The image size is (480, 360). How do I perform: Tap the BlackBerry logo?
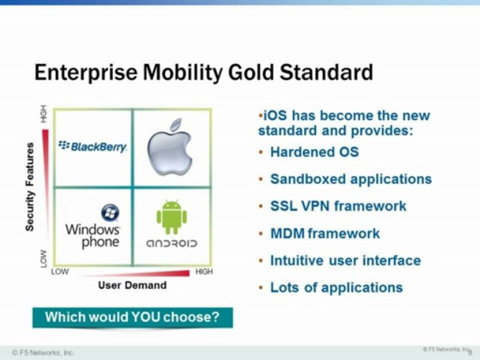click(x=92, y=146)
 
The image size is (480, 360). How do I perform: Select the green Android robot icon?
click(x=171, y=217)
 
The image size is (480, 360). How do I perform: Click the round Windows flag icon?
click(x=110, y=212)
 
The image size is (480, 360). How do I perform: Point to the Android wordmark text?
click(x=171, y=243)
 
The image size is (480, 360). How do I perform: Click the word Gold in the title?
click(x=250, y=72)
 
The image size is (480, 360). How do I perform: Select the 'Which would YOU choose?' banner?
click(x=132, y=317)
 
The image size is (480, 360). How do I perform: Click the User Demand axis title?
click(x=132, y=285)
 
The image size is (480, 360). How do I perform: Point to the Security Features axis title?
click(x=29, y=186)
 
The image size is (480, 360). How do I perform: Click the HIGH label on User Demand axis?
click(x=204, y=271)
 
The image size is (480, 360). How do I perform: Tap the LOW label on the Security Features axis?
click(x=44, y=258)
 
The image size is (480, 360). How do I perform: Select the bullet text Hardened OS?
click(x=314, y=152)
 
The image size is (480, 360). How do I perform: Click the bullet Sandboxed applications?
click(x=351, y=179)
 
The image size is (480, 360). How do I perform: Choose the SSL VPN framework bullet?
click(x=338, y=206)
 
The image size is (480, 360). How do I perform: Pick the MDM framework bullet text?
click(x=325, y=233)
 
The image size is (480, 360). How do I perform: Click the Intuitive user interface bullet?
click(x=345, y=261)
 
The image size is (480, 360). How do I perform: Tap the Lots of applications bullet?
click(x=336, y=288)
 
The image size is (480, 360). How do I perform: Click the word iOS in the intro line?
click(x=275, y=115)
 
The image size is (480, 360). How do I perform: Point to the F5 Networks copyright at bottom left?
click(x=43, y=352)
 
